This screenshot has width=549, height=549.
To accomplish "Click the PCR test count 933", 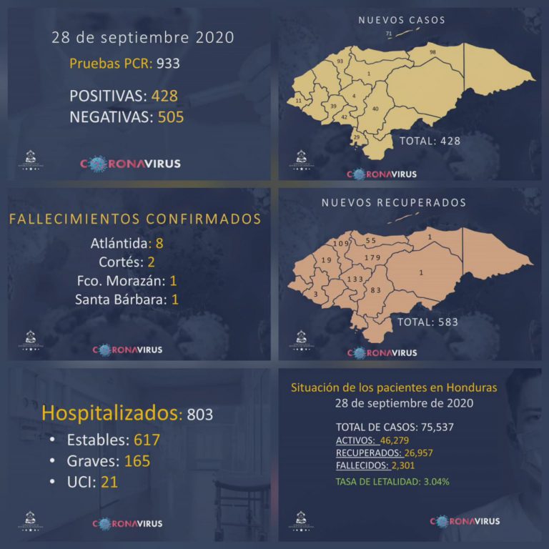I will pos(166,63).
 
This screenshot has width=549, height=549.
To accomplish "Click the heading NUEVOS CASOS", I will pos(402,20).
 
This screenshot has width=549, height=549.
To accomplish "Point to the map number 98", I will pos(432,53).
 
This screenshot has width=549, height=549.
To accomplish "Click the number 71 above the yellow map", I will pos(389,34).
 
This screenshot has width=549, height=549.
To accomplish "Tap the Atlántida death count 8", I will pos(159,243).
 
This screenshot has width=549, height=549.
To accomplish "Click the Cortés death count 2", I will pos(151,262).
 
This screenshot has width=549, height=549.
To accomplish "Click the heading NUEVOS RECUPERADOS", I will pos(394,203).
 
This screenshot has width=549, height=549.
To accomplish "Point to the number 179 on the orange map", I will pos(372,257).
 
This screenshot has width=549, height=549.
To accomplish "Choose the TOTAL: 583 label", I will pos(427,322).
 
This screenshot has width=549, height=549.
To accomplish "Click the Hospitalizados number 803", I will pos(199,414).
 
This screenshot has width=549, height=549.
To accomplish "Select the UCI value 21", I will pos(109,482).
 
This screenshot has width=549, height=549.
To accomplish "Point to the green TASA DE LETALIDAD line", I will pos(392,481).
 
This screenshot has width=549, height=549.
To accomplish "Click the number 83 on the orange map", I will pos(376,290).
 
